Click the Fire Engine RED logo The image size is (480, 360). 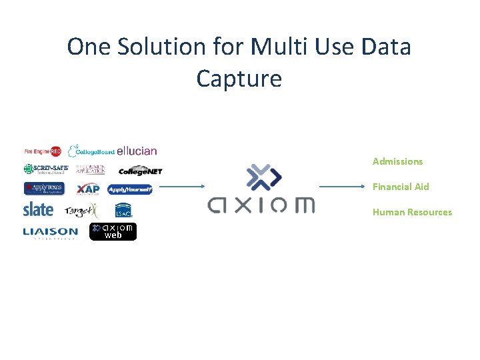(43, 151)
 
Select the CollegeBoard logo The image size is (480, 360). (91, 151)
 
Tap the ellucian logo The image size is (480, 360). (137, 151)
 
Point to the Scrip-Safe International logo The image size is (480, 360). (46, 169)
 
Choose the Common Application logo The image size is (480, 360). (90, 169)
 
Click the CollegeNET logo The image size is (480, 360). (141, 171)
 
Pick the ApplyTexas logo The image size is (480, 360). (44, 189)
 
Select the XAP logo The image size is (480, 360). (88, 189)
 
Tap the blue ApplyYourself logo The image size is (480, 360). (130, 189)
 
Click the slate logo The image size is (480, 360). (38, 209)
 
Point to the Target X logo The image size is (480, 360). (81, 211)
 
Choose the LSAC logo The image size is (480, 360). (124, 210)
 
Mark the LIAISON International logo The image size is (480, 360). (50, 233)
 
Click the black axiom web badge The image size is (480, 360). (113, 231)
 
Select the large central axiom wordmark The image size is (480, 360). (261, 205)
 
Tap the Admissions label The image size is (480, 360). (397, 161)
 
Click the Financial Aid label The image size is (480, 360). (401, 187)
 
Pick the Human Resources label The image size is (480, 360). (412, 212)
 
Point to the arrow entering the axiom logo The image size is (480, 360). (181, 187)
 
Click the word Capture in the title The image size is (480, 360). (239, 79)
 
